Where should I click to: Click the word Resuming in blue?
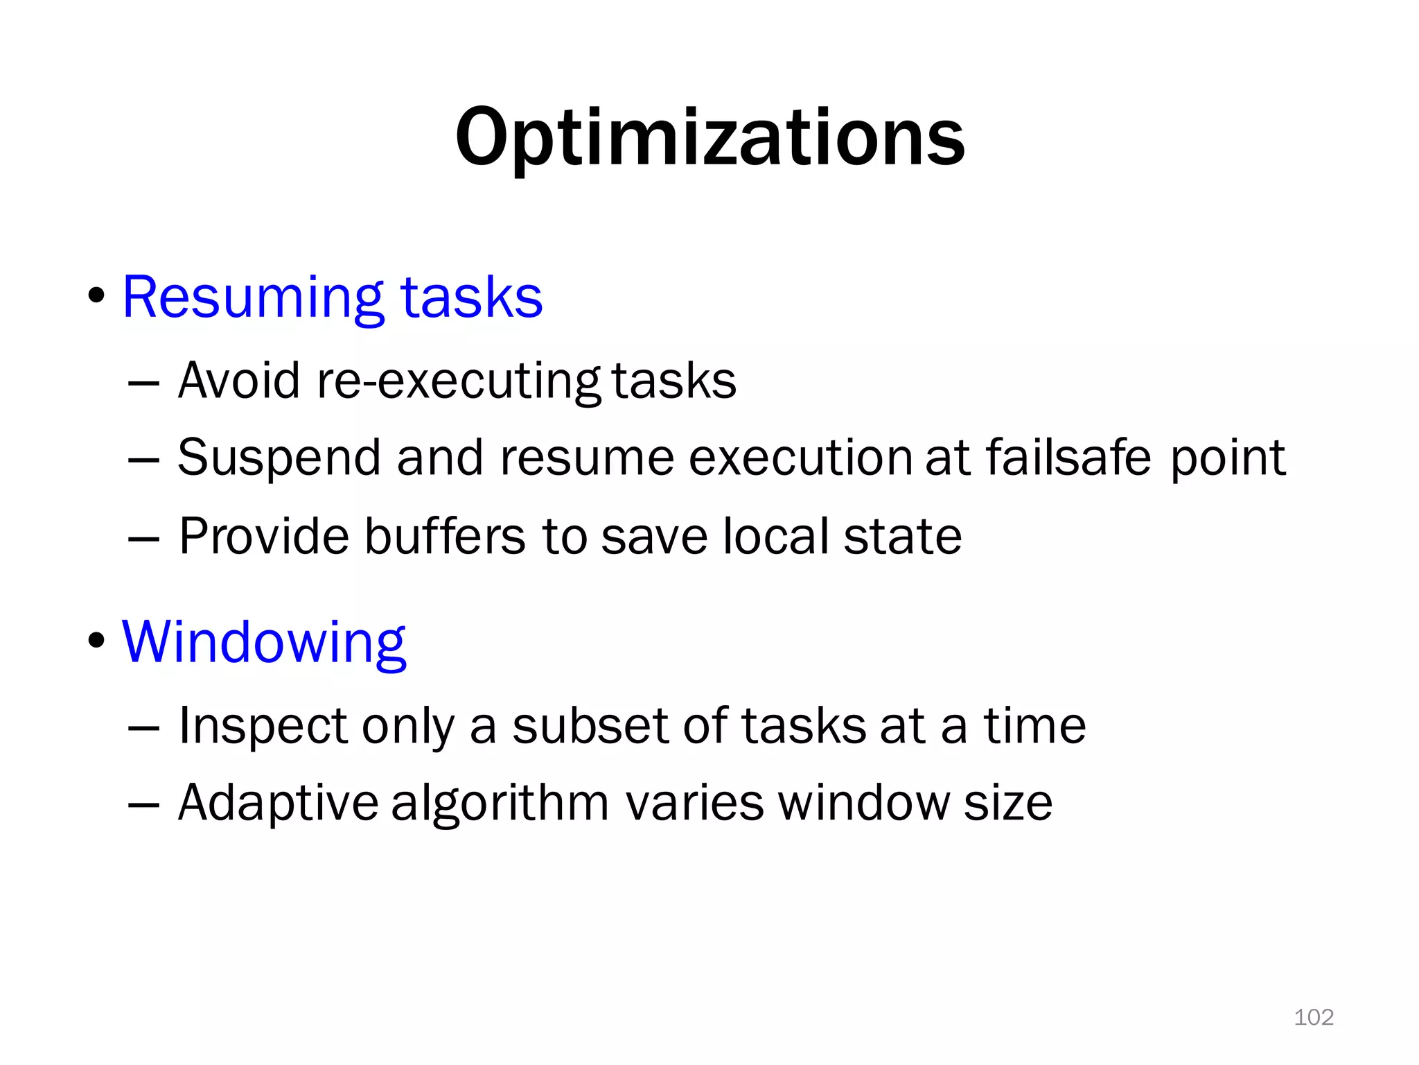[252, 298]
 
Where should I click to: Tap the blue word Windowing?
[264, 643]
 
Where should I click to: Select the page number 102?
[1314, 1017]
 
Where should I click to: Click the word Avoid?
[239, 381]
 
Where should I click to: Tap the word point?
[1227, 459]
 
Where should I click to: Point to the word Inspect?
[263, 727]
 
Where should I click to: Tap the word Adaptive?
[278, 804]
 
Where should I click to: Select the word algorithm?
[500, 804]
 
